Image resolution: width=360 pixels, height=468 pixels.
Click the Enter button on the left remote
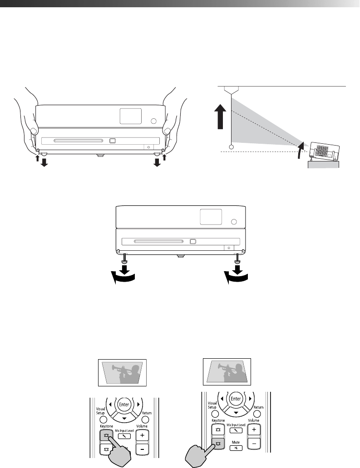pyautogui.click(x=123, y=403)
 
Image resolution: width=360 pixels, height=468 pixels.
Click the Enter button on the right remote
pyautogui.click(x=236, y=399)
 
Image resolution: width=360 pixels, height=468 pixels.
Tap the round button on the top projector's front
pyautogui.click(x=153, y=121)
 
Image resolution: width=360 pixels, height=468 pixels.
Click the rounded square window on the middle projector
pyautogui.click(x=211, y=217)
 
